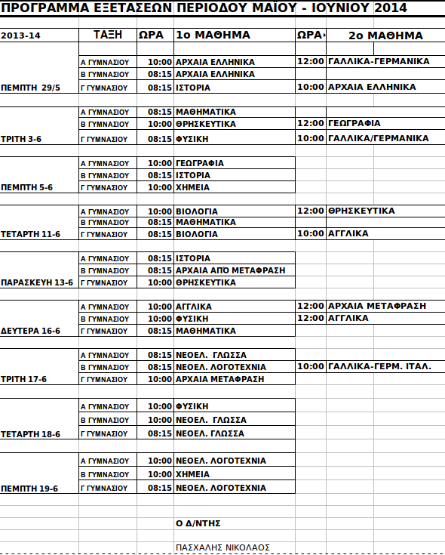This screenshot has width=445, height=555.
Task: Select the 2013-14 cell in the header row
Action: [x=21, y=36]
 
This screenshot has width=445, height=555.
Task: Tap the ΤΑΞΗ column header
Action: [x=108, y=35]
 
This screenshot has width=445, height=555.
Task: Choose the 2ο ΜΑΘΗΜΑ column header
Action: [x=385, y=35]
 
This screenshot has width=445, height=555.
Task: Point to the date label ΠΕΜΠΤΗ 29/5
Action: [x=32, y=88]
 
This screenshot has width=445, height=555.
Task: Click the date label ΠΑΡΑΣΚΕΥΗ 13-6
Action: [x=37, y=282]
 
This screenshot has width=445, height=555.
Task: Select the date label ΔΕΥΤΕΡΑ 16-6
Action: [x=31, y=331]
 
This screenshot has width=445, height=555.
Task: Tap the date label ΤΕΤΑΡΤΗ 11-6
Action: [x=30, y=234]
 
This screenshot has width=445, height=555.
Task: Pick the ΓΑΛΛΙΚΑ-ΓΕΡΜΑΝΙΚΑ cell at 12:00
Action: [x=379, y=61]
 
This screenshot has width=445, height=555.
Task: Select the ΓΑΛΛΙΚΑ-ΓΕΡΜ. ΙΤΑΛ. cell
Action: [x=379, y=366]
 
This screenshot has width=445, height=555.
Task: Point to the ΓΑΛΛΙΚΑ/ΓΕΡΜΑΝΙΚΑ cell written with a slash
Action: [x=378, y=138]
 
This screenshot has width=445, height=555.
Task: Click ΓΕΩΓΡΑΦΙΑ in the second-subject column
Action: [x=354, y=123]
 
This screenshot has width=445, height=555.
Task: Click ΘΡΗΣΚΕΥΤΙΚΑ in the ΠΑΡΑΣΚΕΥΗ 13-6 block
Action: [x=205, y=282]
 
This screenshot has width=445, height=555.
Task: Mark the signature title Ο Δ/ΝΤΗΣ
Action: [x=198, y=523]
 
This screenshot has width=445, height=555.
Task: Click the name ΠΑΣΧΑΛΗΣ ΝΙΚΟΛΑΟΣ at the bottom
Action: [x=222, y=547]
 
